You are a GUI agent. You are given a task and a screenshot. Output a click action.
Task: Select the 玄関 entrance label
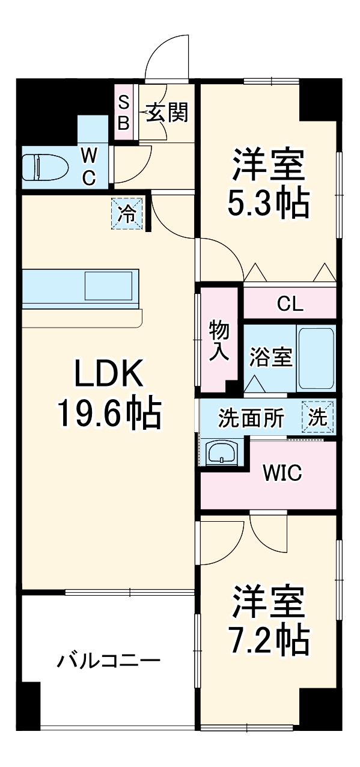[167, 112]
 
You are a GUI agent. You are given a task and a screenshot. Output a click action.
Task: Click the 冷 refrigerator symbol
[127, 214]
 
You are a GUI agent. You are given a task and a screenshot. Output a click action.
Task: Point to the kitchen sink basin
[108, 286]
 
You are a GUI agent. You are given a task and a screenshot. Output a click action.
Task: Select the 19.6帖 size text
[108, 414]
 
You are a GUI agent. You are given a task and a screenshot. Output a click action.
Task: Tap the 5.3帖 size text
[267, 204]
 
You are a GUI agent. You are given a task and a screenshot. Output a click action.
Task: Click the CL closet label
[290, 304]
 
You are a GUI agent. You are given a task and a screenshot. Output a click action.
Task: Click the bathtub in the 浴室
[316, 358]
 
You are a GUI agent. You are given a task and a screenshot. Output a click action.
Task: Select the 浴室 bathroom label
[270, 358]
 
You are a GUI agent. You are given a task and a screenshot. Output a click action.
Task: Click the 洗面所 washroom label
[251, 418]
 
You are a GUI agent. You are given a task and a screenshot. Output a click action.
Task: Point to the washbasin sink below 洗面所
[222, 453]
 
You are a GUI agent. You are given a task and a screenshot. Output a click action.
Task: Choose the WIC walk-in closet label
[281, 473]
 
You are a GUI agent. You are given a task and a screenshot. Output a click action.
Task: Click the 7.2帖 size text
[267, 641]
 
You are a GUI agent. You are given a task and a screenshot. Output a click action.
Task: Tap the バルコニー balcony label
[108, 662]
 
